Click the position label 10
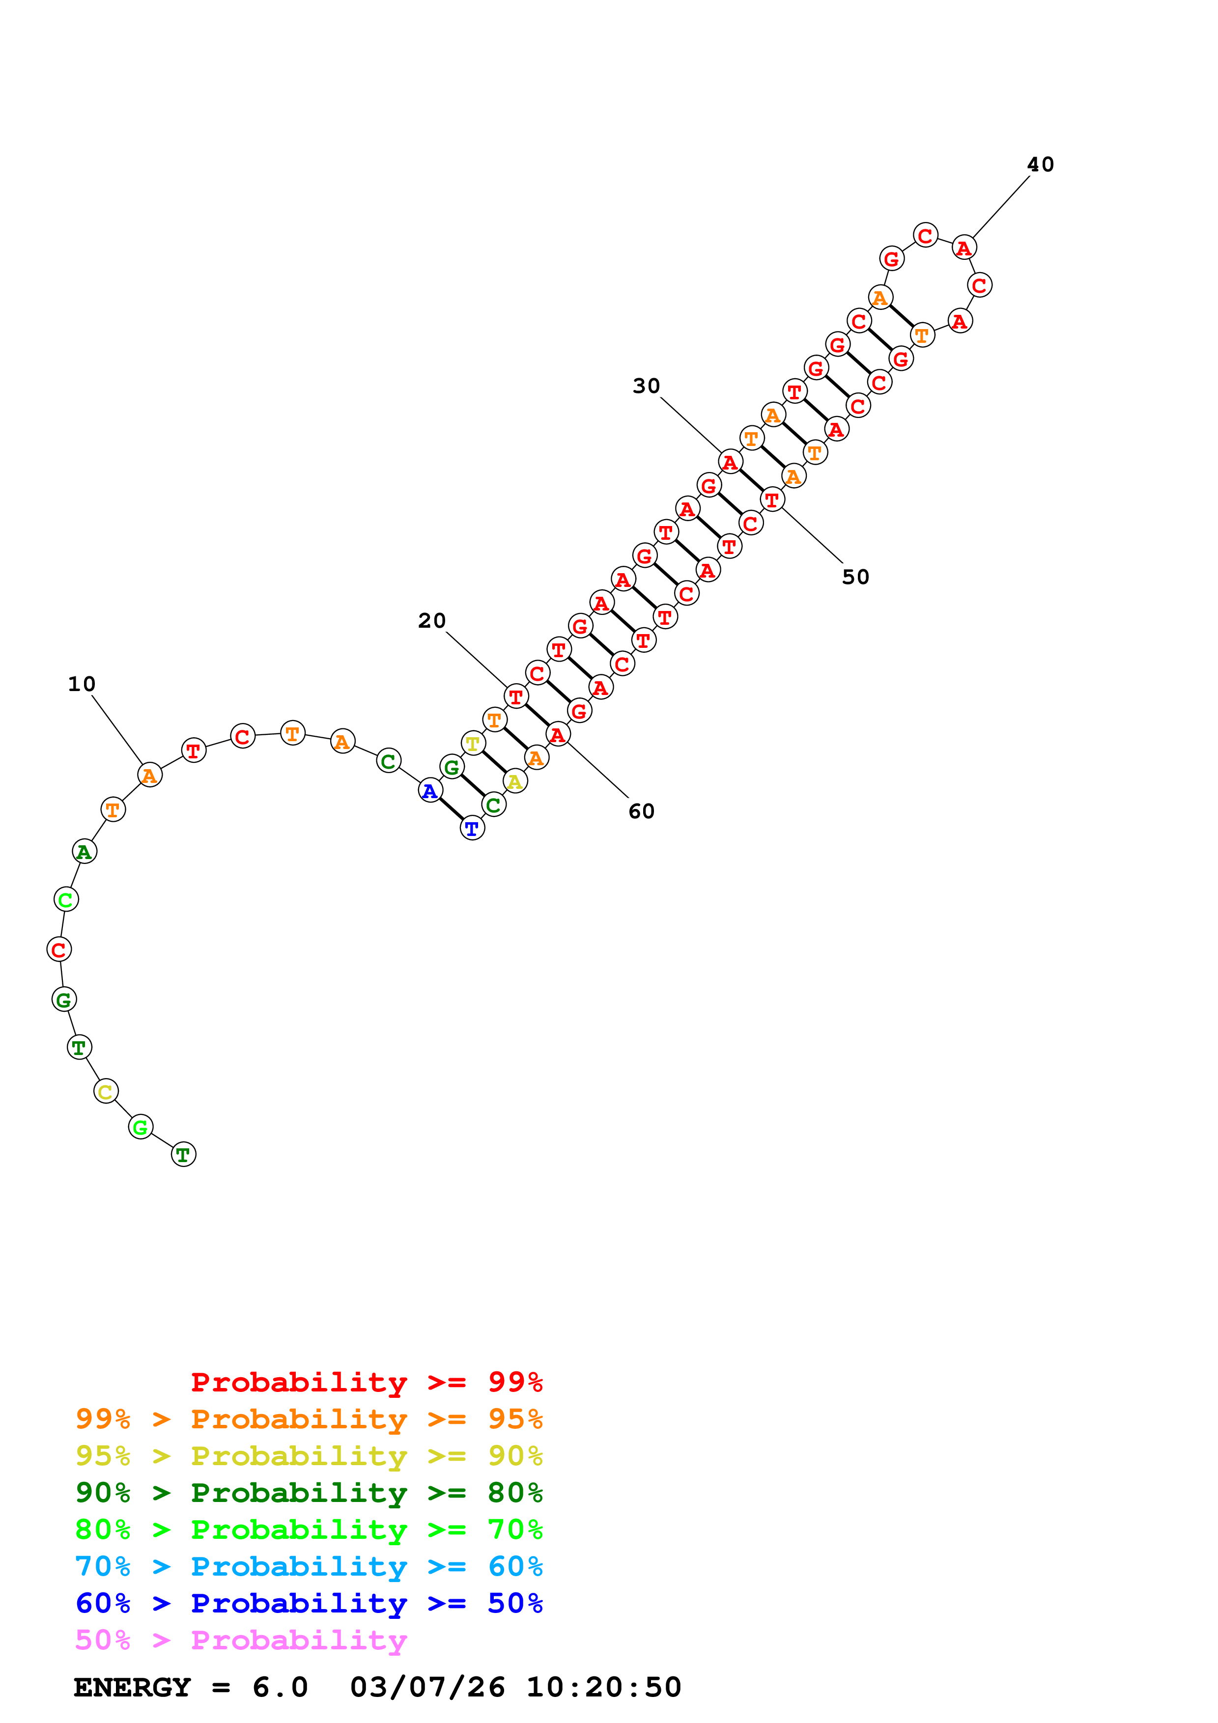pos(82,684)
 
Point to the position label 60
pos(642,811)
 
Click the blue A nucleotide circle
pos(430,790)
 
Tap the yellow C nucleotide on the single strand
pos(106,1091)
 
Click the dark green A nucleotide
pos(84,852)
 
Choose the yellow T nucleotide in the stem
pos(472,744)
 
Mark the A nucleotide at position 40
pos(963,247)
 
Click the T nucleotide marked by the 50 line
pos(772,499)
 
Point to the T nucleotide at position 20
pos(515,696)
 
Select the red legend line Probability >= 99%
pos(366,1382)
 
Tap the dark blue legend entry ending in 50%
pos(309,1603)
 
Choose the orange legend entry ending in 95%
pos(309,1419)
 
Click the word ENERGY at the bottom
pos(132,1687)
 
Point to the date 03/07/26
pos(427,1687)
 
